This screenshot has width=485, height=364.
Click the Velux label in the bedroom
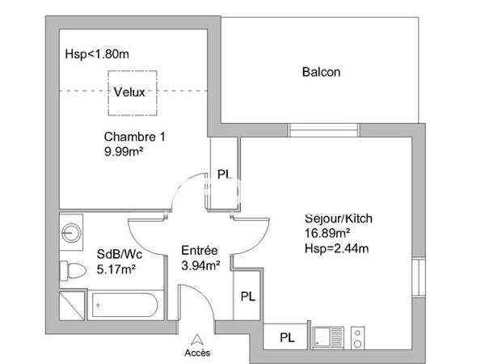[x=129, y=91]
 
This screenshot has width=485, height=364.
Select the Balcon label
[x=321, y=72]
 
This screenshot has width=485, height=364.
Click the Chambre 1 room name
[x=134, y=137]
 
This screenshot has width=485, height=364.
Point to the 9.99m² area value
[x=124, y=151]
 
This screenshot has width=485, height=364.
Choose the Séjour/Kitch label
[x=338, y=218]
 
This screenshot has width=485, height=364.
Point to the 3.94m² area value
[x=200, y=265]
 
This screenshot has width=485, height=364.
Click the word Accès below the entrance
[x=196, y=353]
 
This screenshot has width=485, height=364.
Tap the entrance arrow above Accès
[x=196, y=340]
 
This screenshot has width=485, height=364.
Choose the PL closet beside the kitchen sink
[x=286, y=336]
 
